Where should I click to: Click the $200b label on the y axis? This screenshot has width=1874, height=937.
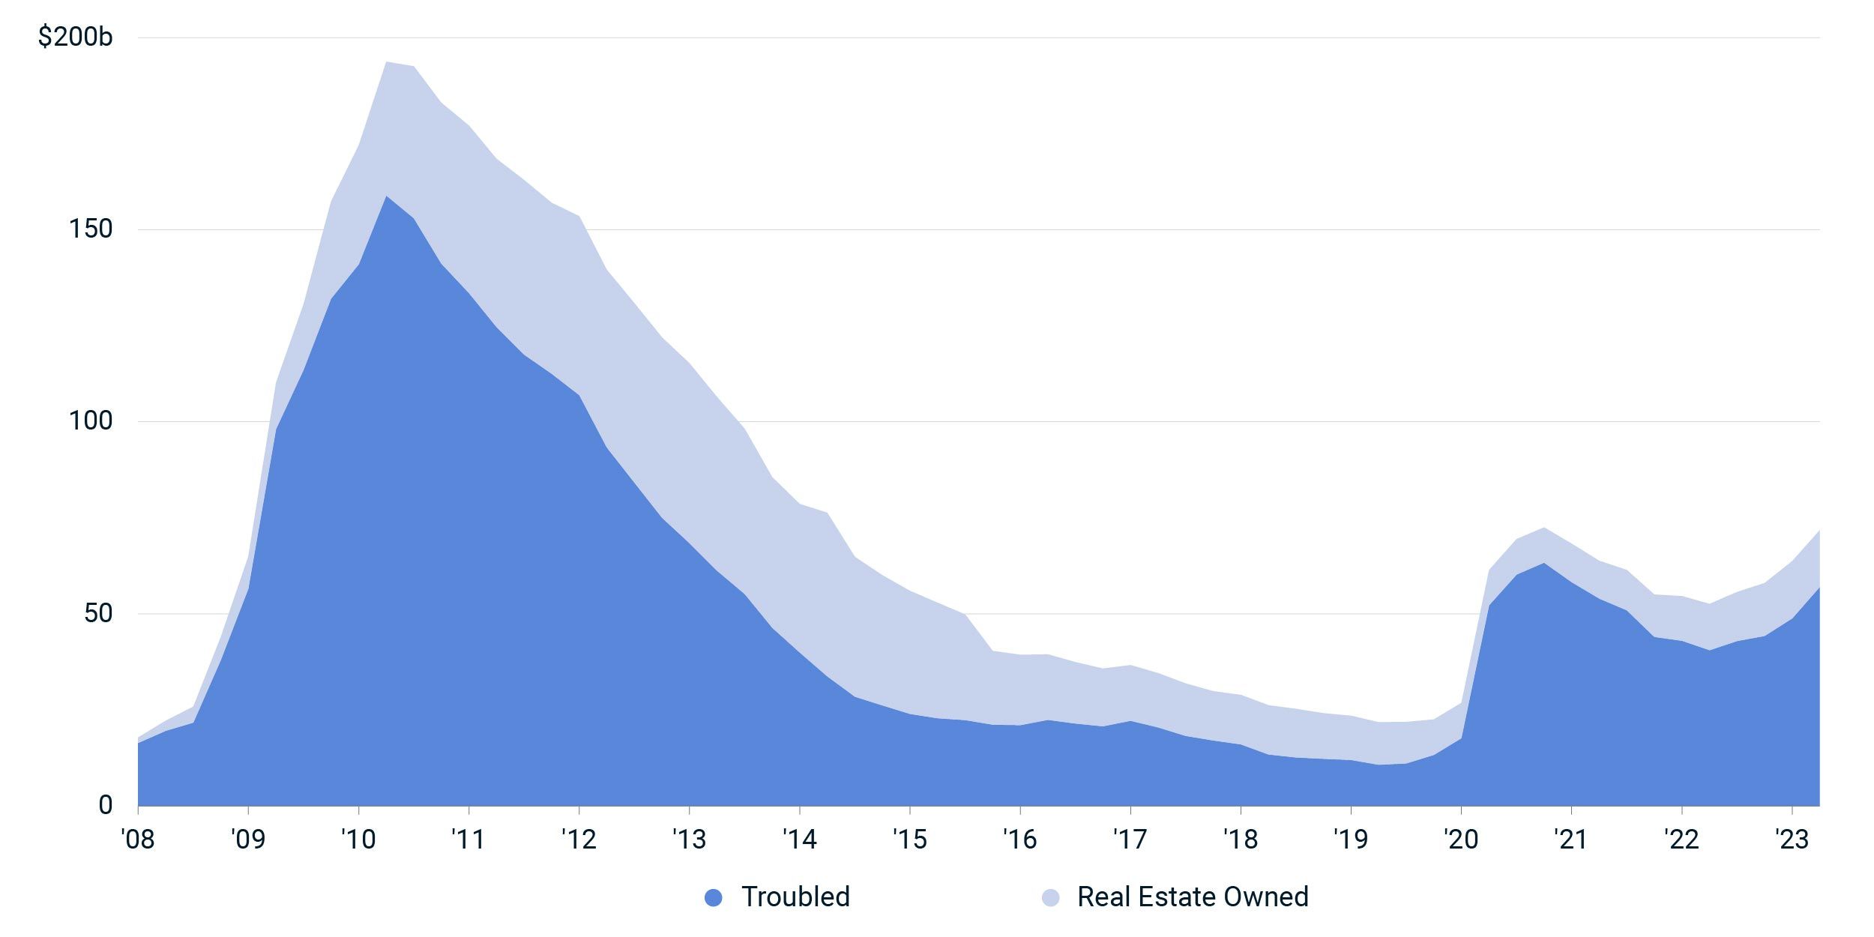click(75, 36)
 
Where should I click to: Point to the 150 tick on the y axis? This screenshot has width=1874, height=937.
click(91, 229)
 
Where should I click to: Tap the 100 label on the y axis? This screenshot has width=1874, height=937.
click(91, 421)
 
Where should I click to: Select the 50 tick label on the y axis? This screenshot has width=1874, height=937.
click(98, 613)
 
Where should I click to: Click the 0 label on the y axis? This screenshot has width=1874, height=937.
click(106, 805)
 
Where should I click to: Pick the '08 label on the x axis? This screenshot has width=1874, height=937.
click(138, 840)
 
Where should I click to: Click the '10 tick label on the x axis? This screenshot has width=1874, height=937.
click(358, 840)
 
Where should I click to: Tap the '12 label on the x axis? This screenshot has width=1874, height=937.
click(579, 840)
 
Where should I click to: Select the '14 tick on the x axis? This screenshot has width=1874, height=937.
click(800, 840)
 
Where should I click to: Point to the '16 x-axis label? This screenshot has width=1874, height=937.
click(1020, 840)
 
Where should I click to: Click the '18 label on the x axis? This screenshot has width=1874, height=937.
click(1241, 840)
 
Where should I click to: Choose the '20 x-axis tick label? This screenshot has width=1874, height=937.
click(1461, 840)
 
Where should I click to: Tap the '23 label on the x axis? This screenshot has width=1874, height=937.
click(1792, 840)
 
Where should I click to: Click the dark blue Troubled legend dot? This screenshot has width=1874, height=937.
click(714, 897)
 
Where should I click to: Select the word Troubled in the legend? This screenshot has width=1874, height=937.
click(795, 897)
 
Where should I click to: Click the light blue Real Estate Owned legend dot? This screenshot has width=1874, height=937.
click(1051, 897)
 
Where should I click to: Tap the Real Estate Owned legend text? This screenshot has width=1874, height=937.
click(1193, 897)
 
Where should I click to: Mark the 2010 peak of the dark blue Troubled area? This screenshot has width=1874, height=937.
click(386, 196)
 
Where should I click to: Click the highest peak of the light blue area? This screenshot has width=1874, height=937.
click(386, 62)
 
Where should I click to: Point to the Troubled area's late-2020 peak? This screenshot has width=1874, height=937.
click(1544, 563)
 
